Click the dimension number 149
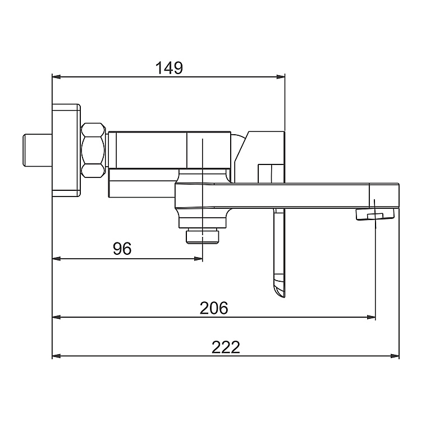169,68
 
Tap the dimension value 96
122,249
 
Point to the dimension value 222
226,347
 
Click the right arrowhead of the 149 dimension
281,77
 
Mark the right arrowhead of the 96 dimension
198,259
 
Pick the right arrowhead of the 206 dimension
372,317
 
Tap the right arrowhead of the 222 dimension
395,356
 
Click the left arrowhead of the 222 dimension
56,356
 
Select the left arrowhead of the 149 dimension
56,77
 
